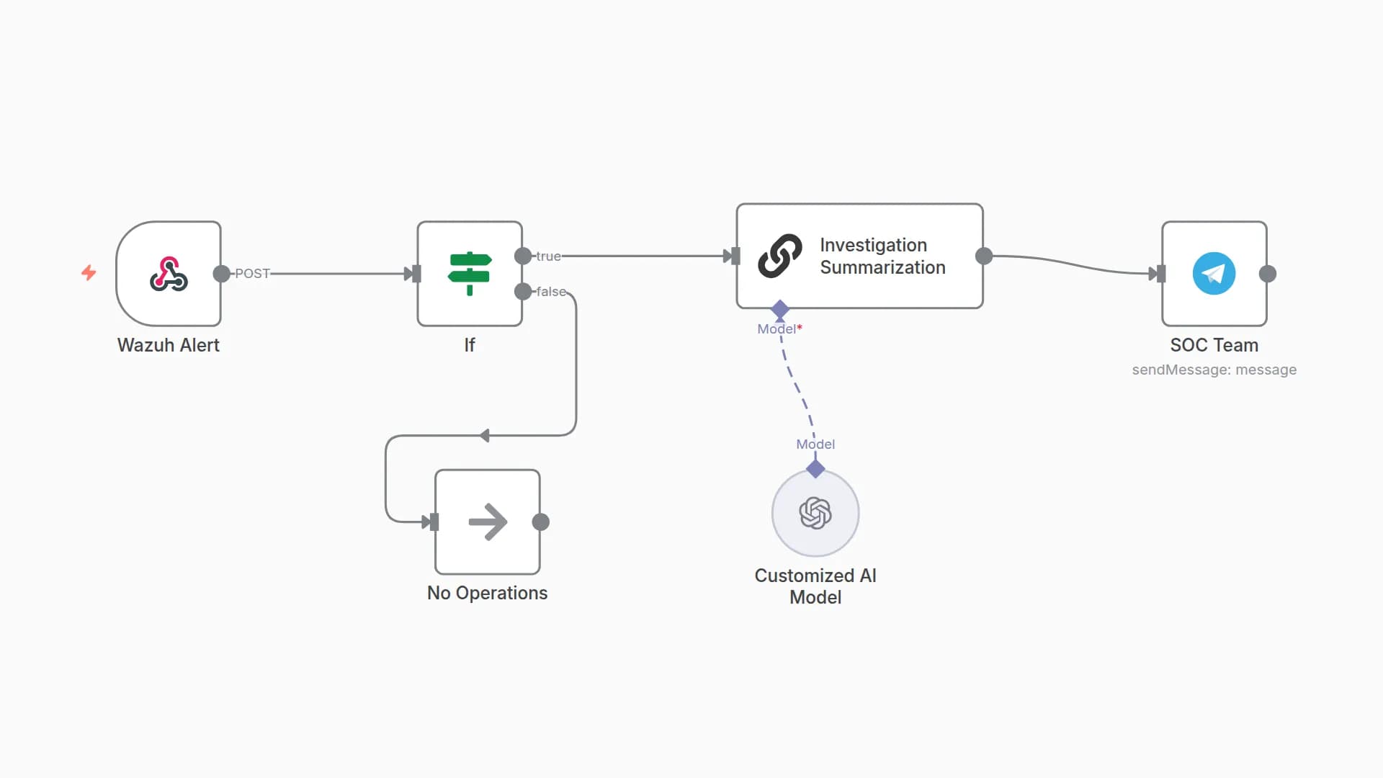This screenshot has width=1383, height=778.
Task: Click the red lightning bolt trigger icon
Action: [89, 272]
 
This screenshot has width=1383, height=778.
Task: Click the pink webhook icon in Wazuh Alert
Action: [169, 274]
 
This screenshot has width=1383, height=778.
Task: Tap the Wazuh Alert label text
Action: [169, 345]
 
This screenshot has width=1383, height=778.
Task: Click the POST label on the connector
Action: [252, 274]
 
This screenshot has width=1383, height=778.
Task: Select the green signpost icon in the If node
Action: [470, 274]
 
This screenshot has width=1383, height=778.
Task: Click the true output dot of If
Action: [523, 256]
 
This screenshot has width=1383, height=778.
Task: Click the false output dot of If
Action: [523, 291]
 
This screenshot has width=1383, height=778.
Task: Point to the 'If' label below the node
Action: [470, 345]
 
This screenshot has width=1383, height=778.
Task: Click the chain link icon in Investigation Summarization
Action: [780, 256]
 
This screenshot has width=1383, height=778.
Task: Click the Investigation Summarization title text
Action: [882, 256]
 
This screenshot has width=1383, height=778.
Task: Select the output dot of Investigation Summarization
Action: [984, 256]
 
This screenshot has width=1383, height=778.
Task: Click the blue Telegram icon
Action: [1214, 274]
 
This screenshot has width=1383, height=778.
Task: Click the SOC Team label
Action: [1214, 345]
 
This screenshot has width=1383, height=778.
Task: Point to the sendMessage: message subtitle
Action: [1214, 370]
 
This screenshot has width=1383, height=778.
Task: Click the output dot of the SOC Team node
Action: [1268, 274]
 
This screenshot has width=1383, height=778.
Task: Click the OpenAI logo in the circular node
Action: [815, 513]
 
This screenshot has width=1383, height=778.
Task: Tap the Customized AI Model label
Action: [815, 586]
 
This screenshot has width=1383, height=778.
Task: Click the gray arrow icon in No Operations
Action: [488, 522]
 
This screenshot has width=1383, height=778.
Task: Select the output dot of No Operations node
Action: [541, 522]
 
